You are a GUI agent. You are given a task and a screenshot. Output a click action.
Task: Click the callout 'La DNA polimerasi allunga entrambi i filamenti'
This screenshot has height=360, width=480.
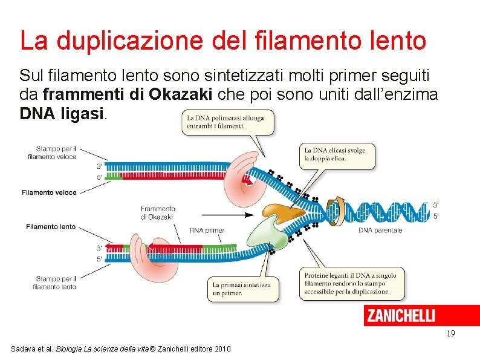coord(227,122)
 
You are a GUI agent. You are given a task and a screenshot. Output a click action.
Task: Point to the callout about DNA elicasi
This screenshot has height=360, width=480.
coord(337,154)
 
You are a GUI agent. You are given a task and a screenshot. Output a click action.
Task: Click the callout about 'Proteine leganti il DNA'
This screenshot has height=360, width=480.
coord(351,283)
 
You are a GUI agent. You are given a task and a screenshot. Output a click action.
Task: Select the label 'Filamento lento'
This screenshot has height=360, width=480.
coord(51,226)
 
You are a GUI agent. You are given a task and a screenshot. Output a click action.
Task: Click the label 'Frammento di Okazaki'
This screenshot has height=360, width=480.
coord(157,212)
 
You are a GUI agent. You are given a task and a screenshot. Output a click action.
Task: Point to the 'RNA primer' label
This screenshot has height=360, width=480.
coord(207,230)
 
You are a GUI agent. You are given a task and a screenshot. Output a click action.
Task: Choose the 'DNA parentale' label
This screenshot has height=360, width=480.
coord(380,230)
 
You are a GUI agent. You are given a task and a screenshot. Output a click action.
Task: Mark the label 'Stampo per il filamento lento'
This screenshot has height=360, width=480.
coord(55,283)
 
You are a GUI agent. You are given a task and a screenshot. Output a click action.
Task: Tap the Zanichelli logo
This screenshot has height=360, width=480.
coord(400,315)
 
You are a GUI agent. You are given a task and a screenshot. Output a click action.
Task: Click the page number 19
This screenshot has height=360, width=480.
coord(450,333)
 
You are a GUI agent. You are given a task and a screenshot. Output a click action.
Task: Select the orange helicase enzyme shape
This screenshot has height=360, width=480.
coord(285,212)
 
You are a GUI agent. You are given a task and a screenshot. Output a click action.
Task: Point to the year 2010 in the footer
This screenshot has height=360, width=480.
coord(221,349)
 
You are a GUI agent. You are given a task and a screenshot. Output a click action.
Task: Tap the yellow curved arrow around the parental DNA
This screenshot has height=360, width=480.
coord(335,208)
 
